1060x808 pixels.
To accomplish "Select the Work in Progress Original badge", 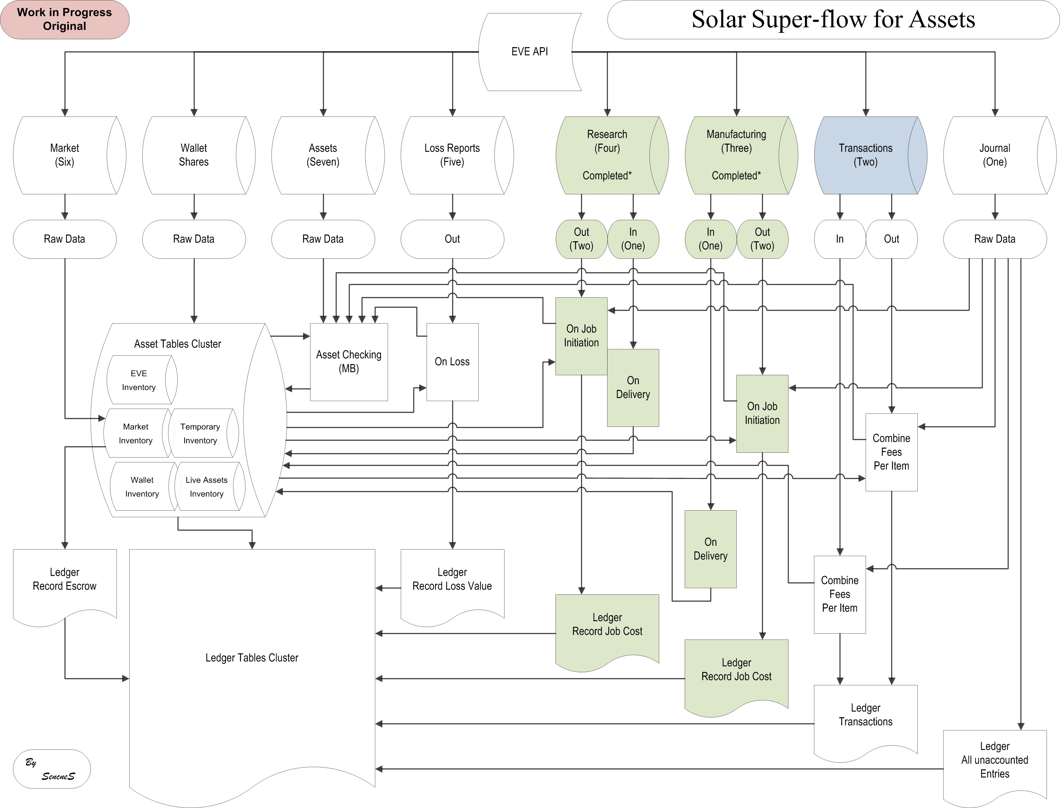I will coord(64,20).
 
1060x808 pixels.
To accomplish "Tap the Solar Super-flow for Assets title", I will coord(833,20).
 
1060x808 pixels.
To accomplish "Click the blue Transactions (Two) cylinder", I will coord(866,155).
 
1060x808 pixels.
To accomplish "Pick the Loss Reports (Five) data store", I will coord(452,155).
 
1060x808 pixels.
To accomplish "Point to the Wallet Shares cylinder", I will coord(194,155).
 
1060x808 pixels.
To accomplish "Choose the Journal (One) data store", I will coord(995,155).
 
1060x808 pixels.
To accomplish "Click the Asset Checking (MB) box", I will coord(349,362).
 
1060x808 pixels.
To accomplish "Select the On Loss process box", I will coord(452,362).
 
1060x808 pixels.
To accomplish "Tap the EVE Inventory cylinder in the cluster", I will coord(139,380).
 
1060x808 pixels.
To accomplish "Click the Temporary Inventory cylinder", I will coord(200,433).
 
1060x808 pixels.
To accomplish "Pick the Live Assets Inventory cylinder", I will coord(207,487).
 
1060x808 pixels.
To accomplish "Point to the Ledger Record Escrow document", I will coord(64,580).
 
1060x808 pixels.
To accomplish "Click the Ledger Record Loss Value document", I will coord(452,580).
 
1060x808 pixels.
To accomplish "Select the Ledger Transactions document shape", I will coord(865,715).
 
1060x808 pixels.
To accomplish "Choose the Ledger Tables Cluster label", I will coord(252,657).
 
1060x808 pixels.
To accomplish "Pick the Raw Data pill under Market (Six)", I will coord(64,239).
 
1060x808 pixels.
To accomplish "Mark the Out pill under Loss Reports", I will coord(452,239).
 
